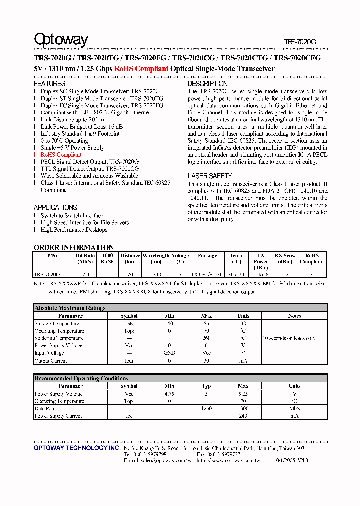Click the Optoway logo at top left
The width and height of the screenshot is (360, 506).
coord(61,40)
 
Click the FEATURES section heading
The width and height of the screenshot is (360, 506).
coord(49,84)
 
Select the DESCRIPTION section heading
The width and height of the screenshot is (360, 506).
coord(207,84)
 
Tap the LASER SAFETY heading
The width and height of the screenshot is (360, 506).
coord(210,176)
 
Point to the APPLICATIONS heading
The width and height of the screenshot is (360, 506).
coord(55,207)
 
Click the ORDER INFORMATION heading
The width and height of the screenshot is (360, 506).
coord(74,247)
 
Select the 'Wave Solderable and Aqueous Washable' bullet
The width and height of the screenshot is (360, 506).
coord(89,176)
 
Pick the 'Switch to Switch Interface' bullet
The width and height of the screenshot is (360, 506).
coord(72,215)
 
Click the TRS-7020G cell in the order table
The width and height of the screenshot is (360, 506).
coord(47,274)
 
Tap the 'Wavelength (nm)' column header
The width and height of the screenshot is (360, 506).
coord(156,258)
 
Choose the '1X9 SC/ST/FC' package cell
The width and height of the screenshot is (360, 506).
coord(207,274)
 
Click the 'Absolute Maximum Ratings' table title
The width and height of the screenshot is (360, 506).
coord(70,308)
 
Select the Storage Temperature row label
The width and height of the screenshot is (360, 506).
coord(57,323)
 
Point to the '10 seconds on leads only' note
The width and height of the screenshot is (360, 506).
coord(289,338)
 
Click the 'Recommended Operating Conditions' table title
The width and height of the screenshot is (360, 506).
coord(81,379)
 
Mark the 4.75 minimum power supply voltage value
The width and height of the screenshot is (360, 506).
coord(169,394)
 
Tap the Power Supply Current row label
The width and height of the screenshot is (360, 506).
coord(58,416)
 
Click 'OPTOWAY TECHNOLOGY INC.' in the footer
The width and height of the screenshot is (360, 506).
coord(77,448)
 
